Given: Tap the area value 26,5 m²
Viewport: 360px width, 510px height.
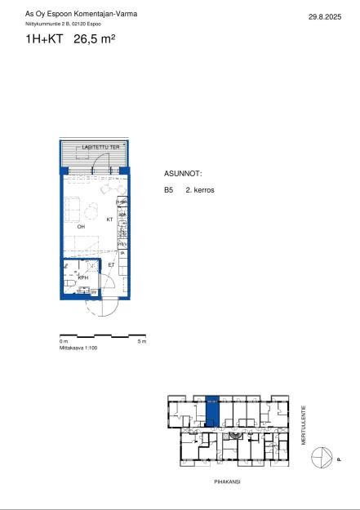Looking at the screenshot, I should [x=94, y=38].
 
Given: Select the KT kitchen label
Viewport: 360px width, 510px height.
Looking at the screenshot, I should [x=109, y=220].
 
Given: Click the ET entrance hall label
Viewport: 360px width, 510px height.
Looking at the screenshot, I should [x=111, y=264].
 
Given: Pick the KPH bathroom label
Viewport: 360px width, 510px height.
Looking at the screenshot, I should [x=83, y=277].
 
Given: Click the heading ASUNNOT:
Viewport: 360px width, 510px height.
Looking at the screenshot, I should [x=183, y=175].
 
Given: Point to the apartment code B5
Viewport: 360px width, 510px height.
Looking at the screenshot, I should [x=168, y=190].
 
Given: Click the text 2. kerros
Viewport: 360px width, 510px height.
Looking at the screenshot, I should [x=200, y=190].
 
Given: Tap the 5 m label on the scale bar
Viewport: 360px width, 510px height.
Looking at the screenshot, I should [x=142, y=342].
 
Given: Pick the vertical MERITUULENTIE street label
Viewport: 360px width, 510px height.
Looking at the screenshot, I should [x=304, y=422].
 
